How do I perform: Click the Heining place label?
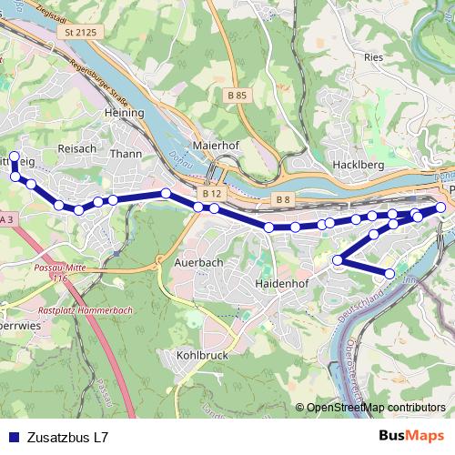pos(125,113)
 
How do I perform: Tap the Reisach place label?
pos(76,147)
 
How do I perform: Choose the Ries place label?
pos(374,56)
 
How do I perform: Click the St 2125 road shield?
pos(80,33)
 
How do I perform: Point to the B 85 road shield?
pos(238,96)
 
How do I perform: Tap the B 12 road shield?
pos(212,194)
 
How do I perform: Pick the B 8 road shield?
pos(282,198)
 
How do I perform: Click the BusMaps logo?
pos(410,436)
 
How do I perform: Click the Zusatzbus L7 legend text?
pos(68,437)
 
